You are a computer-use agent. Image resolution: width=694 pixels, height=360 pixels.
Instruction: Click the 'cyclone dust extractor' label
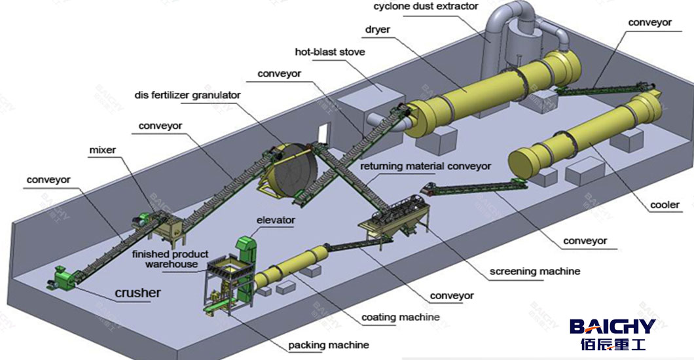pyautogui.click(x=426, y=7)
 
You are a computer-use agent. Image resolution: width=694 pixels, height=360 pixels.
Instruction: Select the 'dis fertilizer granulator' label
pyautogui.click(x=187, y=95)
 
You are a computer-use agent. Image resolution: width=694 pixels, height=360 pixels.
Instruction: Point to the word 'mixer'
pyautogui.click(x=102, y=151)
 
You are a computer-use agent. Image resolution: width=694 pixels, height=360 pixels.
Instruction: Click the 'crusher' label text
pyautogui.click(x=137, y=293)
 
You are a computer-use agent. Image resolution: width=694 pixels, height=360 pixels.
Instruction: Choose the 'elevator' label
pyautogui.click(x=276, y=221)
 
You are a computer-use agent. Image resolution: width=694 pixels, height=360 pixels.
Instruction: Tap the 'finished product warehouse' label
pyautogui.click(x=170, y=259)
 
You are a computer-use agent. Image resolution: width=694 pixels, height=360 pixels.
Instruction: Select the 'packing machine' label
pyautogui.click(x=329, y=345)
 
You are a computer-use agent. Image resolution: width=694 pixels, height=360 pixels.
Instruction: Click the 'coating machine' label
pyautogui.click(x=400, y=317)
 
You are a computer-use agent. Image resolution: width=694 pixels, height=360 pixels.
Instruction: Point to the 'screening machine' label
pyautogui.click(x=535, y=271)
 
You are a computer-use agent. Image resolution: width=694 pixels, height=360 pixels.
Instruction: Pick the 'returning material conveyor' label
pyautogui.click(x=424, y=166)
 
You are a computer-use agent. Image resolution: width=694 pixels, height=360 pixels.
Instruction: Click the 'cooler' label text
pyautogui.click(x=664, y=205)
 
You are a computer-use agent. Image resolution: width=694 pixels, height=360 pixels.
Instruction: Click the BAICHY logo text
pyautogui.click(x=612, y=327)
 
